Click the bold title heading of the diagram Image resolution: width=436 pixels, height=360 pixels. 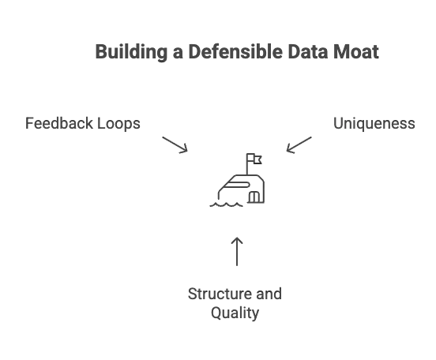pyautogui.click(x=236, y=53)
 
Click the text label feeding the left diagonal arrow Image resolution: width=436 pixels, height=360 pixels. pyautogui.click(x=85, y=125)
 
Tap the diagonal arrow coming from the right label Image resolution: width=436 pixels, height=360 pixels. pyautogui.click(x=300, y=144)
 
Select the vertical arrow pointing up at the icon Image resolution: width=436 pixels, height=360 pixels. pyautogui.click(x=235, y=251)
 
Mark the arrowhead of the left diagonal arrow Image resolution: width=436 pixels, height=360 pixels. pyautogui.click(x=185, y=152)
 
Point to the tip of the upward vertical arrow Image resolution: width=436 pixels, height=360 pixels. pyautogui.click(x=235, y=234)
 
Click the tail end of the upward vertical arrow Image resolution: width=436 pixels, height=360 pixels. pyautogui.click(x=235, y=270)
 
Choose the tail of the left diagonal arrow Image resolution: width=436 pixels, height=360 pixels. pyautogui.click(x=161, y=134)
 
